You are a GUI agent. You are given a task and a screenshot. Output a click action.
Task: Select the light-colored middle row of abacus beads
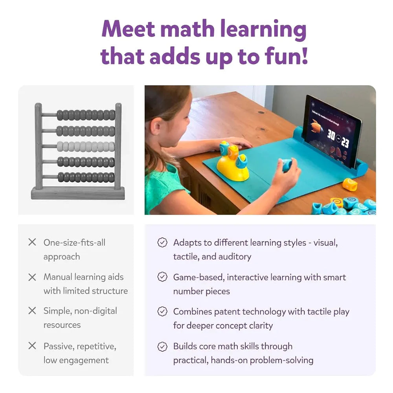(86, 146)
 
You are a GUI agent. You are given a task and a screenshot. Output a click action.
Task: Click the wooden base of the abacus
(78, 193)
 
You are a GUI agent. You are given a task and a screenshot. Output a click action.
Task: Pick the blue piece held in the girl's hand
(287, 165)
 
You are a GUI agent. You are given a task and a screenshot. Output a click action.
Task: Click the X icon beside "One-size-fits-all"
(32, 242)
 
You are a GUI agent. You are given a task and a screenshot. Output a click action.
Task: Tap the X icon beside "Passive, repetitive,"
(32, 346)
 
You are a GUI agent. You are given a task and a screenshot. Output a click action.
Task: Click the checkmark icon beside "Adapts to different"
(162, 242)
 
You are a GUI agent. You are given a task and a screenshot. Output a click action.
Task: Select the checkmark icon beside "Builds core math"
(162, 346)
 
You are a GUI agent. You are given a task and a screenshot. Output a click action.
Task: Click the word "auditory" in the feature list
(234, 257)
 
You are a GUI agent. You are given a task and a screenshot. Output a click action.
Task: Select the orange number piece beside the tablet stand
(349, 184)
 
